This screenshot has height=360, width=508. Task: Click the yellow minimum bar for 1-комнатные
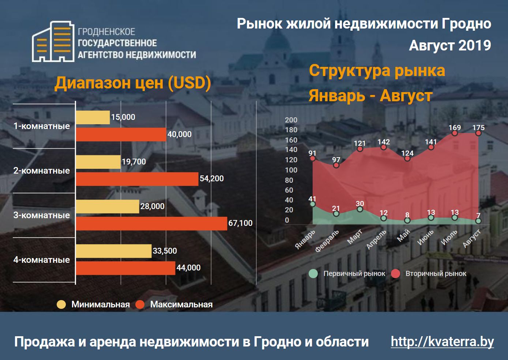[x=93, y=117]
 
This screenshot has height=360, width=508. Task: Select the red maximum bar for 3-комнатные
[x=151, y=223]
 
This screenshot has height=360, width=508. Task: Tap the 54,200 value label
[x=211, y=179]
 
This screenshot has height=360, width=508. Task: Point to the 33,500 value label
[x=165, y=251]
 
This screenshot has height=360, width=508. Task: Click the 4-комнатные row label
[x=41, y=260]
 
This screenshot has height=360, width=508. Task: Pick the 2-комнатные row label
[x=41, y=171]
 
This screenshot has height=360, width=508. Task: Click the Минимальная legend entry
[x=94, y=304]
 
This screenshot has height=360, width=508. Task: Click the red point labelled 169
[x=455, y=133]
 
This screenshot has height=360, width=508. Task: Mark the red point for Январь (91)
[x=312, y=158]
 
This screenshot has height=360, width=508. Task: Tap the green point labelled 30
[x=360, y=209]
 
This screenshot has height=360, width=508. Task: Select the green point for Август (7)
[x=478, y=221]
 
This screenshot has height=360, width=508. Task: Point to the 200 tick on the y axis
[x=291, y=120]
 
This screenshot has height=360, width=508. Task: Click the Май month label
[x=404, y=236]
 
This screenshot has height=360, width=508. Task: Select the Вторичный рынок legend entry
[x=429, y=274]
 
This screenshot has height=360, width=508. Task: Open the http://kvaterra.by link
[x=442, y=342]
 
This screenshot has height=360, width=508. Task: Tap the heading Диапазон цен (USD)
[x=132, y=83]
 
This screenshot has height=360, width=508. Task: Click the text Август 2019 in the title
[x=449, y=46]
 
